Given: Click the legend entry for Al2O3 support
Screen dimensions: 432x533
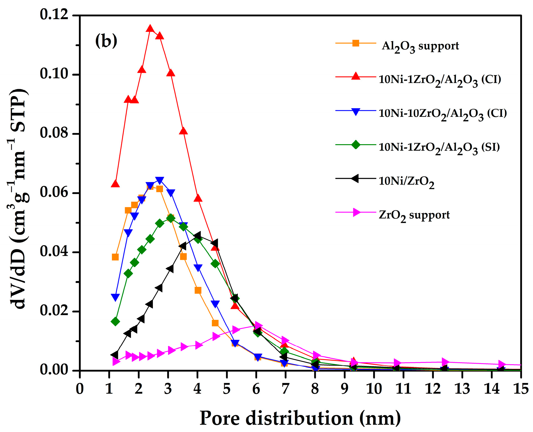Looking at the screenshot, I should (x=420, y=46).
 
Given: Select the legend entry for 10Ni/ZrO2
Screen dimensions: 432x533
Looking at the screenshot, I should (x=406, y=181).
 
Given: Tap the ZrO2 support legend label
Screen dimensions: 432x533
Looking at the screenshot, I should (x=414, y=215).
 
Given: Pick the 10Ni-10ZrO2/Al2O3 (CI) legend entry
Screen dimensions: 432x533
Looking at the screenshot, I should (x=443, y=114).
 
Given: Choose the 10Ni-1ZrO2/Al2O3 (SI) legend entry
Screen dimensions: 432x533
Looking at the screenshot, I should (x=439, y=147).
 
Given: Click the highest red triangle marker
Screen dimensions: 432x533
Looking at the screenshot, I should (x=150, y=29).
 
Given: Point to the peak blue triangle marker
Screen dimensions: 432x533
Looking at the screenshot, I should (x=160, y=180).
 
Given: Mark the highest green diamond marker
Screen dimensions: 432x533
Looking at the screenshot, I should (x=171, y=218).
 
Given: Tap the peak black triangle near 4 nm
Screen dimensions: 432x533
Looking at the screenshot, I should (x=197, y=235).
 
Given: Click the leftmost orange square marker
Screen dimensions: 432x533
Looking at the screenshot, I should (x=115, y=257).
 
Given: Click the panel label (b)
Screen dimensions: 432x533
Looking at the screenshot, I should (x=106, y=41).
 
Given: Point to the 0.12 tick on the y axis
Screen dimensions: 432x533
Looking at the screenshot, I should (x=54, y=15).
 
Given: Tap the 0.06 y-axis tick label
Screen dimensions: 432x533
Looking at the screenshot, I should (x=54, y=193).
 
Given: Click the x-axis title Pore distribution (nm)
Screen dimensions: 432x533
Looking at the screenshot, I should (x=300, y=418).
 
